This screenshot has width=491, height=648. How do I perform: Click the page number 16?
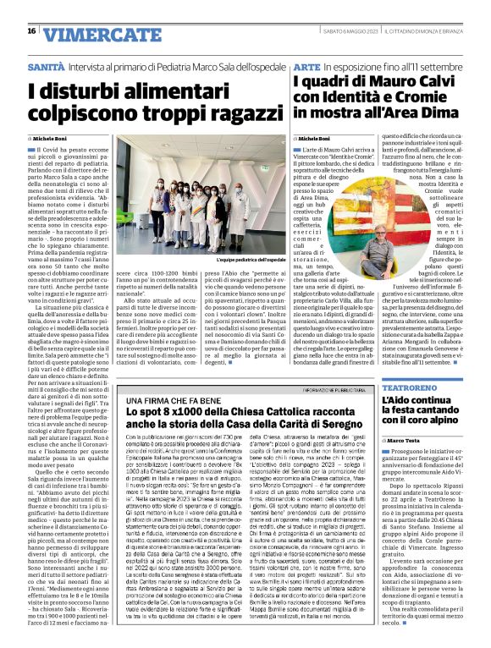coord(31,31)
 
